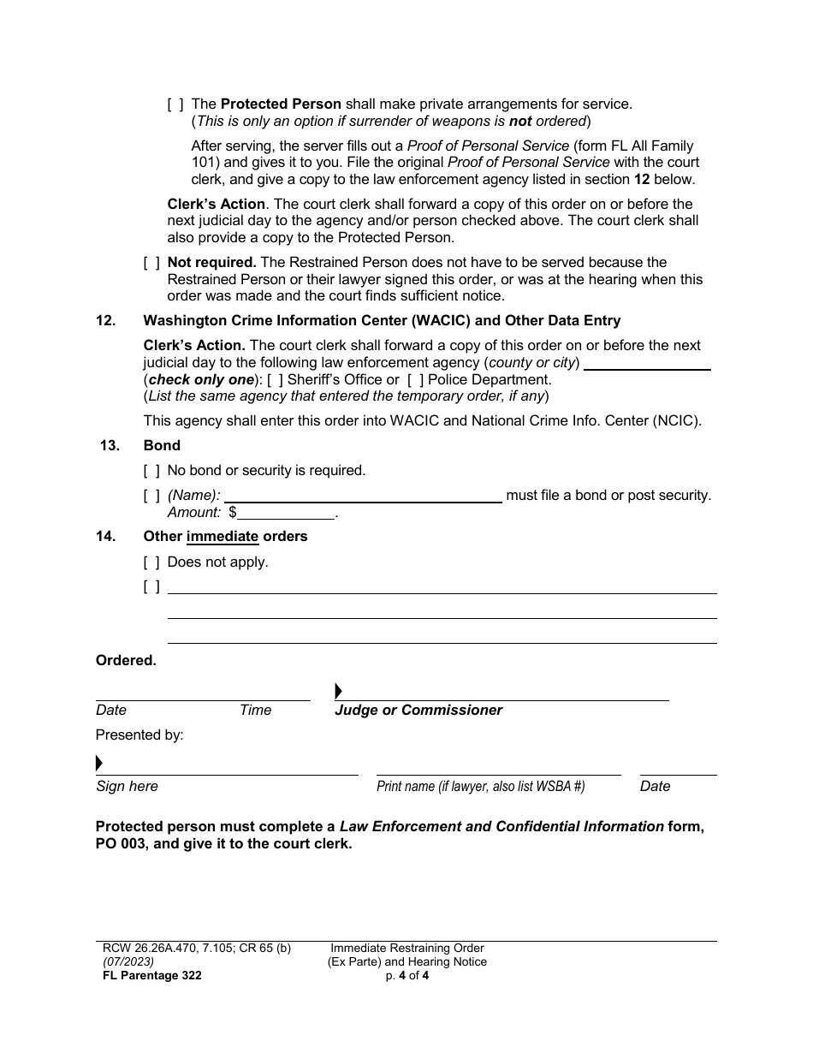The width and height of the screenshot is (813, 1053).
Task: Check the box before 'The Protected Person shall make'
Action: (x=175, y=104)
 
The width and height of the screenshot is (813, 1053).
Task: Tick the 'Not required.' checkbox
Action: (x=151, y=263)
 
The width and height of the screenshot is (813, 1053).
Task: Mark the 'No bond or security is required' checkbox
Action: (x=151, y=471)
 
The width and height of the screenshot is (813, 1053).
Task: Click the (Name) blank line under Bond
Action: (x=363, y=496)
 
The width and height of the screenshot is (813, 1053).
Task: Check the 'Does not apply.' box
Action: (x=151, y=562)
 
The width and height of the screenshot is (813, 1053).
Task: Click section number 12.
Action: (x=106, y=321)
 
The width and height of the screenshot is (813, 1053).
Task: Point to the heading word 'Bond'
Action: (x=162, y=446)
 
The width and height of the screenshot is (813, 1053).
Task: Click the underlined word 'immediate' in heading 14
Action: (x=223, y=537)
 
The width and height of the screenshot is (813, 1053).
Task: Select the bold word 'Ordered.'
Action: (x=126, y=661)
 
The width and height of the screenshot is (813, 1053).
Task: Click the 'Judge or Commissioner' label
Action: (x=418, y=711)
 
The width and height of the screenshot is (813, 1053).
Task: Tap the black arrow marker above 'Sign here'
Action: (x=99, y=763)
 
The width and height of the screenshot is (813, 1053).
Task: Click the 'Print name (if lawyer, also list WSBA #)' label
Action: (x=480, y=787)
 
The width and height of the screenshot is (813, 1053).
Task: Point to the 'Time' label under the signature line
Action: (x=255, y=711)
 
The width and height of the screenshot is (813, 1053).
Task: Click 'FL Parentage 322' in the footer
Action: (x=149, y=976)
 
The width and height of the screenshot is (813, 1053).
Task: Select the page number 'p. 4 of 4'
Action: (x=406, y=976)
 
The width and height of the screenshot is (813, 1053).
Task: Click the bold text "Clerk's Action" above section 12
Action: (x=216, y=205)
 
